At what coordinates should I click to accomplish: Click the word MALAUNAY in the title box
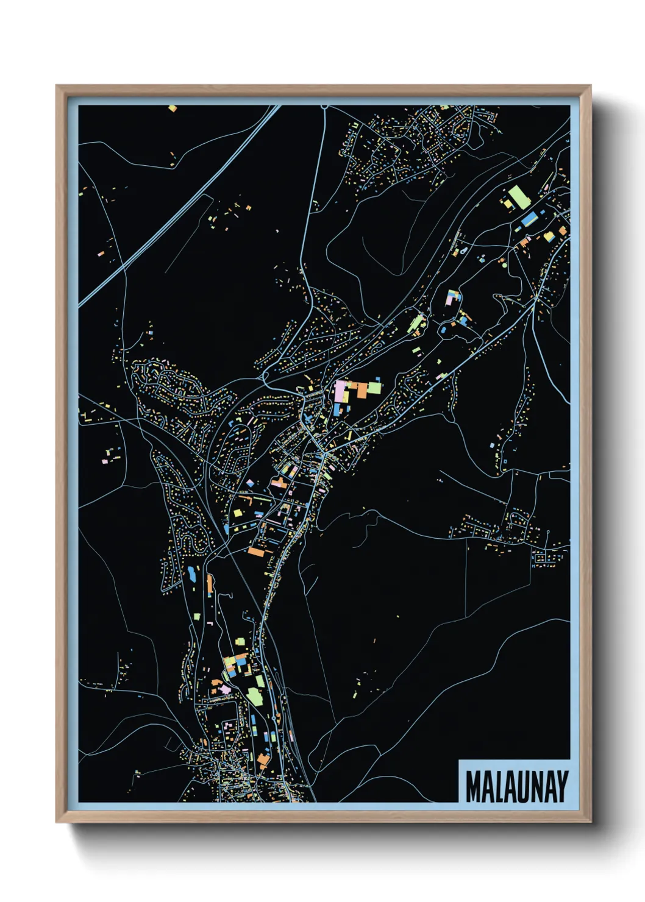coord(516,787)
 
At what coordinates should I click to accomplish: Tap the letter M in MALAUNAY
coord(473,787)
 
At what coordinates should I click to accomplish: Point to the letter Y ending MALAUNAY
coord(561,787)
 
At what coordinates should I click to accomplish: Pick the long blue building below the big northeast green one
coord(530,219)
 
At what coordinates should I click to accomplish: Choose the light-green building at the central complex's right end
coord(374,388)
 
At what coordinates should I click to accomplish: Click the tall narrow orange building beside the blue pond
coord(210,584)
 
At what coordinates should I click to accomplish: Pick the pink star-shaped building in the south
coord(225,689)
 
